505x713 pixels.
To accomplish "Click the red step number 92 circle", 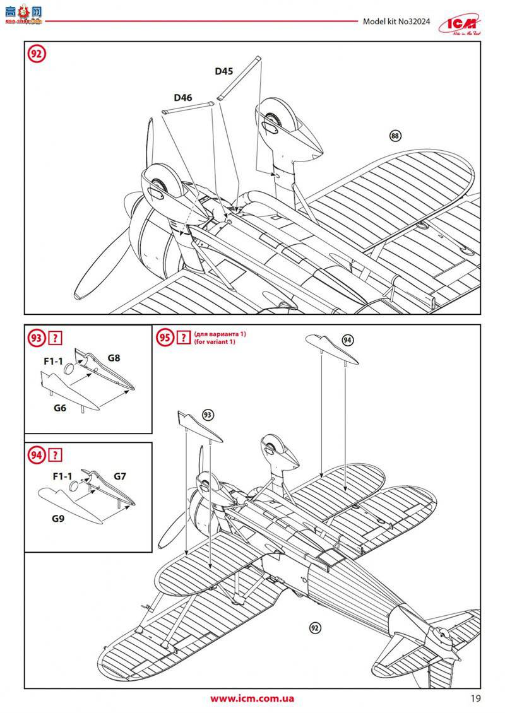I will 36,54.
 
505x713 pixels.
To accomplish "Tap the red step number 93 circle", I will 36,338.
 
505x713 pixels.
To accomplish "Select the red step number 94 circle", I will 36,455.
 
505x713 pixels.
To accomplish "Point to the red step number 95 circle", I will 165,338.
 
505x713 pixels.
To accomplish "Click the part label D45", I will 223,71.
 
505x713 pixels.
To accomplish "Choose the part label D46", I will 183,98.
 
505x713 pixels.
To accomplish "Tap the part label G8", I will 114,358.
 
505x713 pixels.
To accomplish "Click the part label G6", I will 60,408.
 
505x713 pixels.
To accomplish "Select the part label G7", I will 120,476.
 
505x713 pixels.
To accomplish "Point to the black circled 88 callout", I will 396,136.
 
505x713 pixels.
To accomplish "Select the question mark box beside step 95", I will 184,338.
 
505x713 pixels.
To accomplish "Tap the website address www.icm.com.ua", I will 252,698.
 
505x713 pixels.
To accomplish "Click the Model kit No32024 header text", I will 396,21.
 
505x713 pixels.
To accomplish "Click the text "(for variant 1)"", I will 215,342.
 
